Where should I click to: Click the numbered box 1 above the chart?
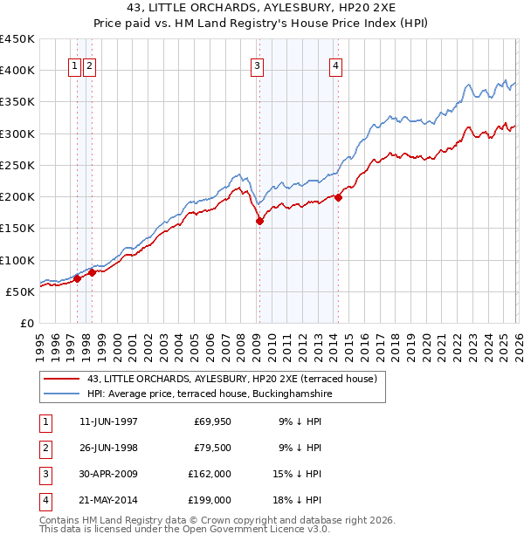(x=75, y=65)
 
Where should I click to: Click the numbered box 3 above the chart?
(x=258, y=65)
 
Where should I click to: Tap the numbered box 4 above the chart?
(x=335, y=65)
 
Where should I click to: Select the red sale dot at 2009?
(x=259, y=221)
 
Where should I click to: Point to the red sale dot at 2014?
(x=338, y=197)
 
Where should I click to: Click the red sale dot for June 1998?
(x=92, y=272)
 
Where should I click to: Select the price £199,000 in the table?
(x=210, y=500)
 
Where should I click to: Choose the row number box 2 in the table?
(x=44, y=448)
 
